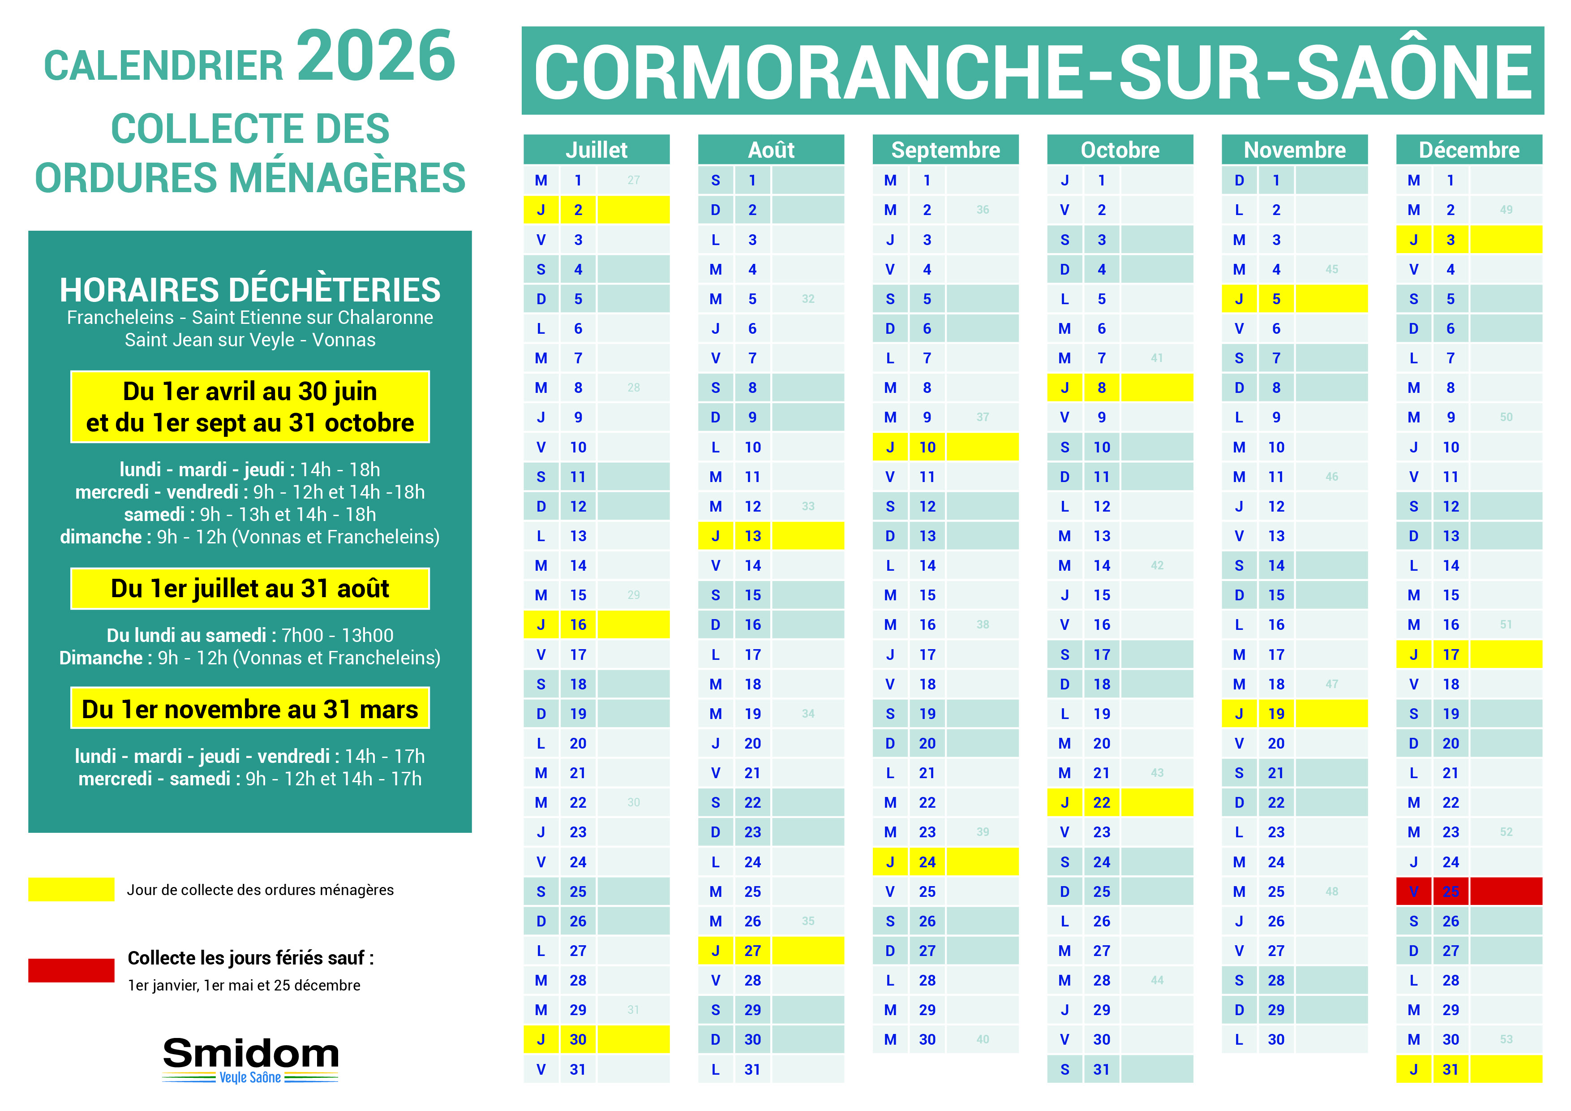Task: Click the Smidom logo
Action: tap(250, 1058)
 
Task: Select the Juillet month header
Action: tap(596, 150)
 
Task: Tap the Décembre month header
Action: tap(1468, 150)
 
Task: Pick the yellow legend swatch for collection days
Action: tap(71, 889)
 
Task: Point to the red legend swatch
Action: tap(71, 970)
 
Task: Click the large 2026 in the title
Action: tap(376, 56)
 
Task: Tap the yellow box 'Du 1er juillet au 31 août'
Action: tap(250, 589)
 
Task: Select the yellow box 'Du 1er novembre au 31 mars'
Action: tap(250, 709)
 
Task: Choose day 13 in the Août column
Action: tap(753, 536)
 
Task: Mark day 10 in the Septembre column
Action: tap(927, 447)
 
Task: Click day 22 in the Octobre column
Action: tap(1102, 802)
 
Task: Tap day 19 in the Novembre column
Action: tap(1276, 713)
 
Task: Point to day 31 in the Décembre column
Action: tap(1451, 1069)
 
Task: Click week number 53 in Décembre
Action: tap(1506, 1039)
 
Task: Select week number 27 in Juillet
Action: tap(634, 180)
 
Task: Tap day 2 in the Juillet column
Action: tap(578, 210)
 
